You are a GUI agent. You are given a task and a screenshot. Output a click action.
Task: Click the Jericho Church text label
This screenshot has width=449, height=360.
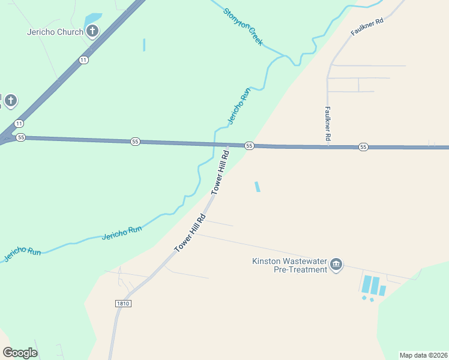(55, 32)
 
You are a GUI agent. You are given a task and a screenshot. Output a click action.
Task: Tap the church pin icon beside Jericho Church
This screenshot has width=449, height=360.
(92, 31)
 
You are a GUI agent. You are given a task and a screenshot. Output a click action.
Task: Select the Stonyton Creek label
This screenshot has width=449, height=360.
(243, 28)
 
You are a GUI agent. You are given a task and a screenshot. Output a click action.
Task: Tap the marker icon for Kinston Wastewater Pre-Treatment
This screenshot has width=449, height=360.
(336, 265)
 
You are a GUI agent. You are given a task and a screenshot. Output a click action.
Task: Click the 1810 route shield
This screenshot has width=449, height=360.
(122, 304)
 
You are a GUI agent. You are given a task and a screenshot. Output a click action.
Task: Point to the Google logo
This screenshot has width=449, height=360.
(20, 353)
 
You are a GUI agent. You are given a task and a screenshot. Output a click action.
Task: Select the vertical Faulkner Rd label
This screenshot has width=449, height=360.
(328, 124)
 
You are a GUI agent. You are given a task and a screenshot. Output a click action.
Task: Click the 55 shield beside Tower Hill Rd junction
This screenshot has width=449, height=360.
(249, 146)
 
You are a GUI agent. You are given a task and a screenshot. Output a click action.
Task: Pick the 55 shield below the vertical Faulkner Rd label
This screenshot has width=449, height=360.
(363, 146)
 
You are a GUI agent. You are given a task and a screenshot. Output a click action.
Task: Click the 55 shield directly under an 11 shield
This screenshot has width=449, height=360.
(21, 137)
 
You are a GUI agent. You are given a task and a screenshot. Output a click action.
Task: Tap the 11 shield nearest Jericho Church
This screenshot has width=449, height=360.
(83, 59)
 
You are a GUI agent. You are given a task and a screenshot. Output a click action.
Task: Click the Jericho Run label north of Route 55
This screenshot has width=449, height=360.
(238, 107)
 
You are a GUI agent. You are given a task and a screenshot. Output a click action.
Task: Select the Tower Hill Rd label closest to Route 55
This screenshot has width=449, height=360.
(220, 172)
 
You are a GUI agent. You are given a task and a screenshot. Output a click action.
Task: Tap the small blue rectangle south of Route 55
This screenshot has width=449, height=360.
(258, 187)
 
